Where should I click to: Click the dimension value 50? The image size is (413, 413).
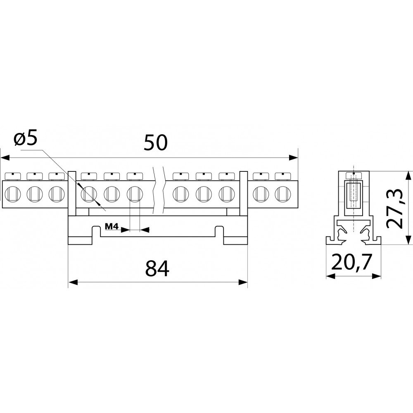pyautogui.click(x=156, y=142)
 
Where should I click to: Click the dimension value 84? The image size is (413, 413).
pyautogui.click(x=157, y=268)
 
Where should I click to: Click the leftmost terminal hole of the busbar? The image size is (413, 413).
pyautogui.click(x=13, y=194)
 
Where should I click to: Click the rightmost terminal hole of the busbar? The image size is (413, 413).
pyautogui.click(x=282, y=194)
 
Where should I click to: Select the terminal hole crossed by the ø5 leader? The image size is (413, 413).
pyautogui.click(x=89, y=194)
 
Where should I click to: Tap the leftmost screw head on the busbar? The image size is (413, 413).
pyautogui.click(x=13, y=176)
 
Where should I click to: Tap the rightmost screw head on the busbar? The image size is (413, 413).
pyautogui.click(x=282, y=176)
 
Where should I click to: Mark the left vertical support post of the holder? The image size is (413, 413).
pyautogui.click(x=72, y=193)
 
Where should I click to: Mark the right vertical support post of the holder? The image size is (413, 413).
pyautogui.click(x=243, y=193)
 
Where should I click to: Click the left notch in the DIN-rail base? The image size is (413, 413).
pyautogui.click(x=96, y=231)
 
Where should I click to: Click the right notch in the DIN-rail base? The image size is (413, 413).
pyautogui.click(x=219, y=231)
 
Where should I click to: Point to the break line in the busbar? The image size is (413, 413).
pyautogui.click(x=158, y=191)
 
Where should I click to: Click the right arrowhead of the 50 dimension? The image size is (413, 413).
pyautogui.click(x=293, y=157)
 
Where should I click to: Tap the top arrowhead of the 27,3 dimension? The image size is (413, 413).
pyautogui.click(x=408, y=176)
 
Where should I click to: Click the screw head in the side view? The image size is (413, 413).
pyautogui.click(x=354, y=176)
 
